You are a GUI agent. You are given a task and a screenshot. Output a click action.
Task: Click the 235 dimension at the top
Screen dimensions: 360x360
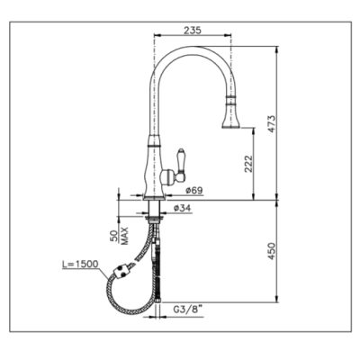192,30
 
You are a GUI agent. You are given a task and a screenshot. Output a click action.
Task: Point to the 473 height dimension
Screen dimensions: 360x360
272,123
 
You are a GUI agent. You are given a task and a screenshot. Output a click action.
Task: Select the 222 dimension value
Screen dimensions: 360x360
249,164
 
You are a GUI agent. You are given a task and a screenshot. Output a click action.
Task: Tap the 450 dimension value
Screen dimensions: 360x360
272,251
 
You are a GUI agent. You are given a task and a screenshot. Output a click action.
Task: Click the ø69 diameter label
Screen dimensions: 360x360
194,190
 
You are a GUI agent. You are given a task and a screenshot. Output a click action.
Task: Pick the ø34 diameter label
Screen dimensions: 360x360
183,208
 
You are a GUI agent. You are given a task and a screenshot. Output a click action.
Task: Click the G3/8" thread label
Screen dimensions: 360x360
188,310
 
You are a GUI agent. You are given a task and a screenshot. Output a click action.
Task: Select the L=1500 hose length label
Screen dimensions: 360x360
80,264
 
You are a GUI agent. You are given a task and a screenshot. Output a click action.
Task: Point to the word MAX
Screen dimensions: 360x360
125,236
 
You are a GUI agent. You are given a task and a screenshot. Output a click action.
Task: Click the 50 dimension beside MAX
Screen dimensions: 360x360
114,237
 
